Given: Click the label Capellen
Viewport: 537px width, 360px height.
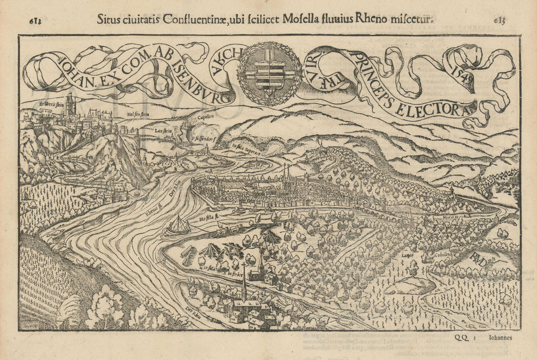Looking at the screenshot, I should tap(205, 116).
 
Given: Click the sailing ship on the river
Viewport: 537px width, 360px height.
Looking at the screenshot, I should tap(178, 226).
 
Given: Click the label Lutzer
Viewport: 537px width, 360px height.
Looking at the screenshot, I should tap(408, 255).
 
